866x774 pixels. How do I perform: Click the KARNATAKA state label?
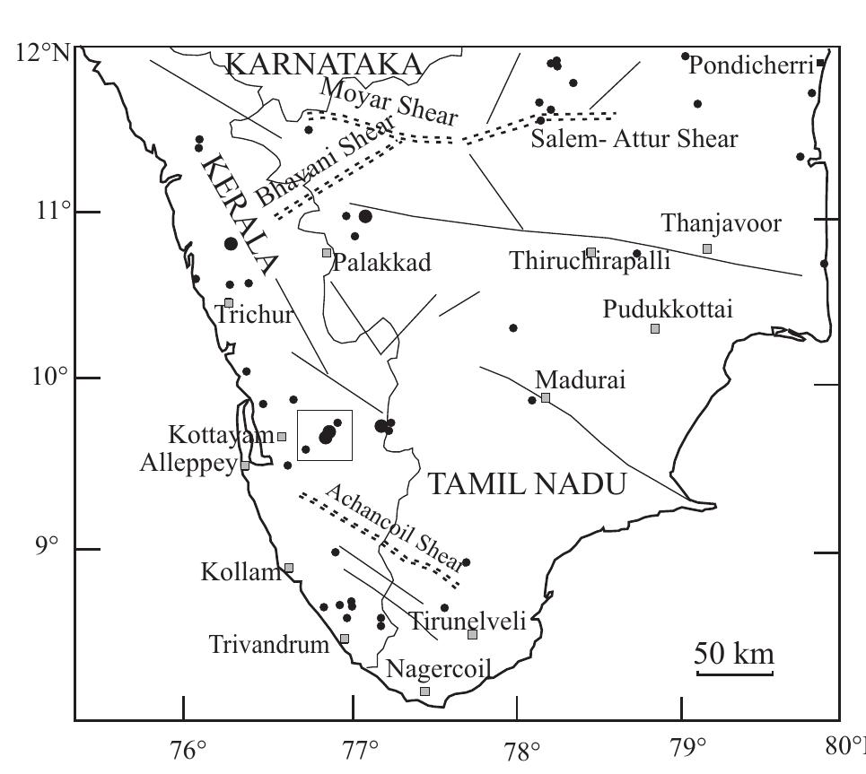(x=323, y=65)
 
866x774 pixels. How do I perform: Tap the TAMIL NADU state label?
(x=525, y=485)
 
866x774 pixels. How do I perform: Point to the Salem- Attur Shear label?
(x=634, y=139)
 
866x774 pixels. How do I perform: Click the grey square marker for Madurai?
(x=546, y=397)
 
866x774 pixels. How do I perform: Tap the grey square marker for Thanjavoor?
(x=707, y=248)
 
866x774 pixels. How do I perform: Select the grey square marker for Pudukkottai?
(x=655, y=328)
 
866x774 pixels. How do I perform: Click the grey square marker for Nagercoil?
(x=425, y=691)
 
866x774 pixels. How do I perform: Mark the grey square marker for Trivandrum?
(x=344, y=639)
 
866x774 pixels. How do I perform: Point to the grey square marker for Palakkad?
(x=327, y=252)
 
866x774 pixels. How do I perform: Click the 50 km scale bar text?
(x=735, y=654)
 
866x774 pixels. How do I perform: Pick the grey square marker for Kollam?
(x=289, y=568)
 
